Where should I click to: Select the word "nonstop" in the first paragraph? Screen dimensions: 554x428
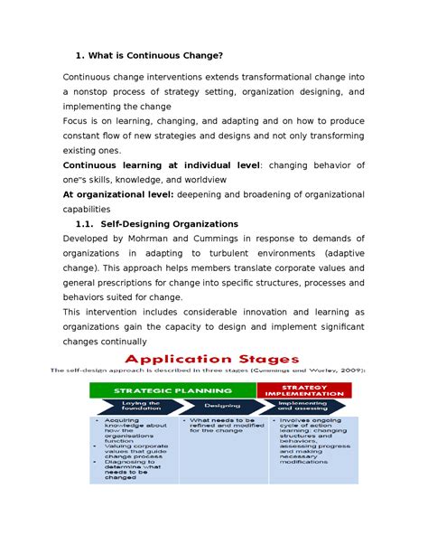click(x=93, y=91)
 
